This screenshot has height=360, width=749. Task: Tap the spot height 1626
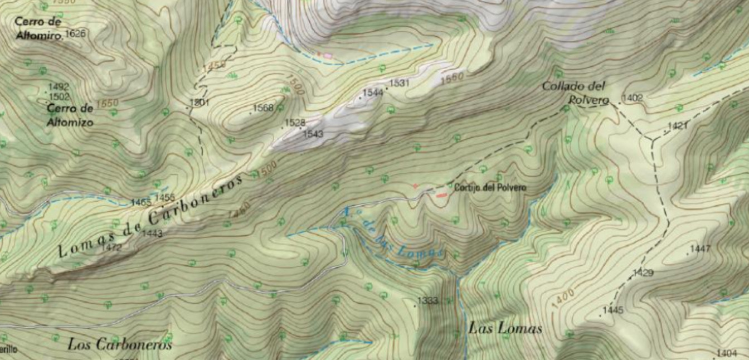point(75,35)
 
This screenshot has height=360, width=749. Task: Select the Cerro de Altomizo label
point(70,115)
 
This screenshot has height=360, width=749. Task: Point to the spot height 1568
point(263,108)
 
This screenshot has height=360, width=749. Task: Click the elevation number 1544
point(373,93)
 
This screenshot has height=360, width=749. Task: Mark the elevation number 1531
point(400,83)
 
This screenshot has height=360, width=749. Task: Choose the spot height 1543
point(313,134)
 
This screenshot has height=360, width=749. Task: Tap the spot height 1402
point(632,98)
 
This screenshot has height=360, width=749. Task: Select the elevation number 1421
point(677,126)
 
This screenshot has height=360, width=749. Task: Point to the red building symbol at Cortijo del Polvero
point(441,195)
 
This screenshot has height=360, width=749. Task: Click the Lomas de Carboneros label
point(150,217)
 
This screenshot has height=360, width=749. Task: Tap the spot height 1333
point(427,301)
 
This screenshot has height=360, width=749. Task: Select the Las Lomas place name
point(505,328)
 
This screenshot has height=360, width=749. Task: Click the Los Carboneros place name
point(120,344)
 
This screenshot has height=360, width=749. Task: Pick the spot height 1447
point(700,249)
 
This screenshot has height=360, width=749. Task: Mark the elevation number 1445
point(612,310)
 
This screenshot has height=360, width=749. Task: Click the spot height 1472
point(112,247)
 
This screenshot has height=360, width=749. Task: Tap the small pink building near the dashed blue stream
point(328,56)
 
